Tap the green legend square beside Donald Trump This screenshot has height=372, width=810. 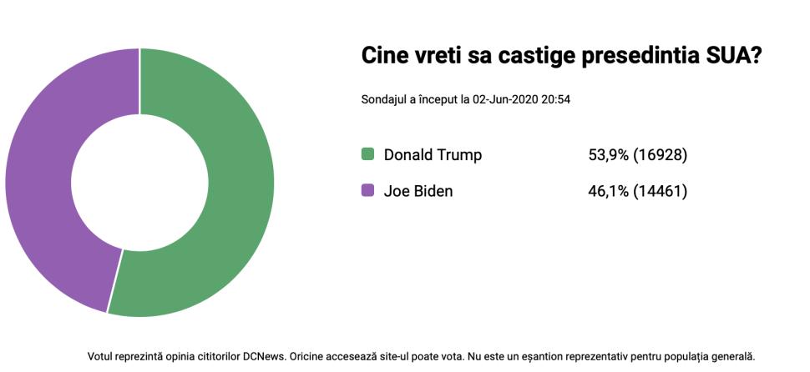(x=367, y=154)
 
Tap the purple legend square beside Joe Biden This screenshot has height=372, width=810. (x=367, y=191)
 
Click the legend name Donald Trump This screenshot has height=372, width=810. (x=433, y=155)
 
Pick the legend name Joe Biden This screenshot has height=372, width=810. (x=418, y=191)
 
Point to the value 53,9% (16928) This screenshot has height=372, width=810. (x=637, y=155)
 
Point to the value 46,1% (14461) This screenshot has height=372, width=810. (x=637, y=191)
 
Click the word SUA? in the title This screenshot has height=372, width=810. (x=737, y=56)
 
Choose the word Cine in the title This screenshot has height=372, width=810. (x=385, y=56)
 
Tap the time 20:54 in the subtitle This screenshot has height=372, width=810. (x=555, y=99)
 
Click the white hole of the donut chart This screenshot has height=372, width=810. (x=139, y=182)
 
